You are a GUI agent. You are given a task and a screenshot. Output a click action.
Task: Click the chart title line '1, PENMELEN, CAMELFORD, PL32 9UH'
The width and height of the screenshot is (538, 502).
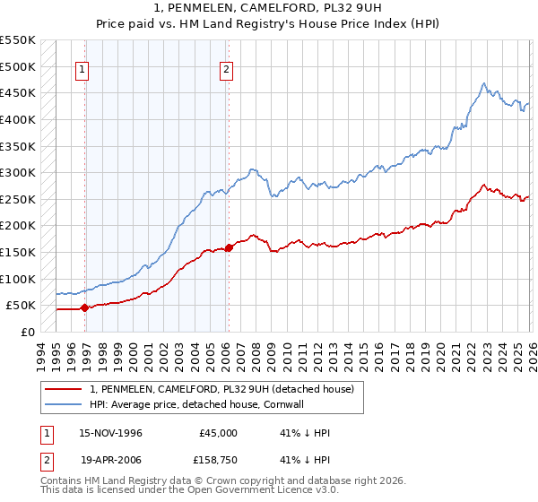[268, 8]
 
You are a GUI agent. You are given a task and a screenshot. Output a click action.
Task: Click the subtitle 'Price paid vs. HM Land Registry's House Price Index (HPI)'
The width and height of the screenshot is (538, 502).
[268, 24]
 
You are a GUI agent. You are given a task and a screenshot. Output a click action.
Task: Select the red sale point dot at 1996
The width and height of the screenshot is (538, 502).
[85, 307]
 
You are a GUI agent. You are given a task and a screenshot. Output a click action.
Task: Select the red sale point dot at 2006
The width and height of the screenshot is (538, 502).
[229, 247]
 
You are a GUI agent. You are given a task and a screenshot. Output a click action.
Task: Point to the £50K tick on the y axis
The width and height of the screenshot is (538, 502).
[21, 305]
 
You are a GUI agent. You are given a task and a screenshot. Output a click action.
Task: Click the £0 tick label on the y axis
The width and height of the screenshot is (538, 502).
[28, 332]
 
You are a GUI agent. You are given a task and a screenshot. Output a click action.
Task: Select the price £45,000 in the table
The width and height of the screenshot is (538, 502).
[218, 433]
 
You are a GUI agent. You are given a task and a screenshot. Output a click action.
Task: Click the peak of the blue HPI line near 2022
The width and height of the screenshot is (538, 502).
[483, 84]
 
